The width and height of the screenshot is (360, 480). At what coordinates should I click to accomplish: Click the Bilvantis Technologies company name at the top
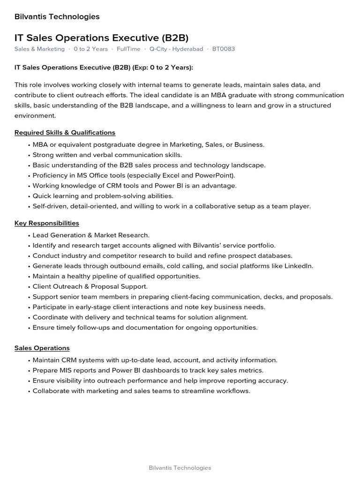[57, 17]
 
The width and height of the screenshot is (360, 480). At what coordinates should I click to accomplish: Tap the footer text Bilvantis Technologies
[180, 468]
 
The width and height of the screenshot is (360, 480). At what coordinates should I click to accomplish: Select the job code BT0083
[224, 49]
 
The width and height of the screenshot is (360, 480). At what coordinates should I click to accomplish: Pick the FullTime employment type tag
[128, 49]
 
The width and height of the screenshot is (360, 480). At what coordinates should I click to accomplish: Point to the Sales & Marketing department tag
[39, 49]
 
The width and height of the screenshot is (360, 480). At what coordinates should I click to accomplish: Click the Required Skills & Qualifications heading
[65, 133]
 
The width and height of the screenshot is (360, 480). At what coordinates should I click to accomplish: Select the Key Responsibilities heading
[47, 223]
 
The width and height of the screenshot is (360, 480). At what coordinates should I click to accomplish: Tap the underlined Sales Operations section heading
[42, 348]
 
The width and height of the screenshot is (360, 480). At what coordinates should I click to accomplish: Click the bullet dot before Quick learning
[29, 196]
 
